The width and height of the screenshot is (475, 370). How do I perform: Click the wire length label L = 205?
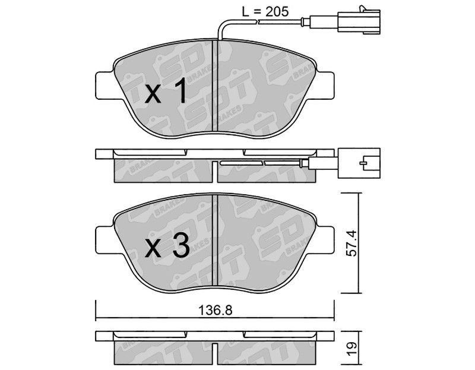(265, 11)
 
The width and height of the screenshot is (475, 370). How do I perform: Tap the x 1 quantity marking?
(166, 90)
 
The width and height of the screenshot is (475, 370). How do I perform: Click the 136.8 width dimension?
(215, 310)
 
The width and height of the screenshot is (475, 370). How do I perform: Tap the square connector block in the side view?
(359, 163)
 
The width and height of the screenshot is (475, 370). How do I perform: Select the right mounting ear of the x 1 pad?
(324, 86)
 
